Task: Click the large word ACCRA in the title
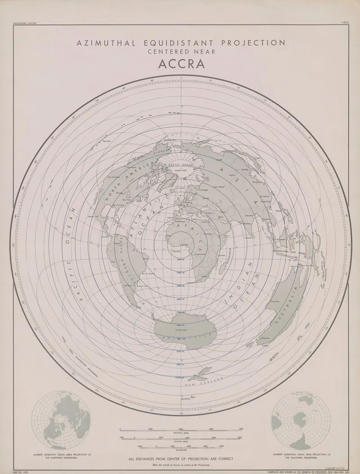[181, 63]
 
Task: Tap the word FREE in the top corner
[345, 22]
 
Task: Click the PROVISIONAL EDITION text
[25, 22]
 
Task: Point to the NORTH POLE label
[180, 170]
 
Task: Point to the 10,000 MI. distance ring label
[180, 377]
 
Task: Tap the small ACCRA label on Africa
[185, 243]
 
